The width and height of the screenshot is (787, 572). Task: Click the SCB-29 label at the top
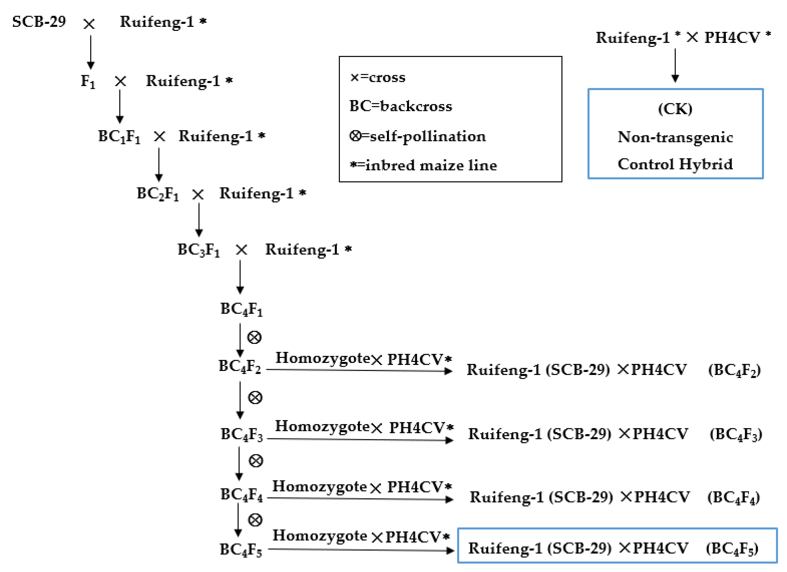pyautogui.click(x=39, y=22)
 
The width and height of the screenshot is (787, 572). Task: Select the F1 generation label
pyautogui.click(x=88, y=82)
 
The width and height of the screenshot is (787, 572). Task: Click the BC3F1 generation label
pyautogui.click(x=198, y=250)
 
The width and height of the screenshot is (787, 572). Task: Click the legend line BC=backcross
pyautogui.click(x=401, y=106)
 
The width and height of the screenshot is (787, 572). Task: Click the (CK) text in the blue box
pyautogui.click(x=675, y=109)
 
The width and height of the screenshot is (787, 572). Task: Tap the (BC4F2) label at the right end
pyautogui.click(x=734, y=370)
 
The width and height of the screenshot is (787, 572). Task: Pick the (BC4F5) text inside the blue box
pyautogui.click(x=732, y=549)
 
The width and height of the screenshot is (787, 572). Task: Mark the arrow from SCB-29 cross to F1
pyautogui.click(x=91, y=52)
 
